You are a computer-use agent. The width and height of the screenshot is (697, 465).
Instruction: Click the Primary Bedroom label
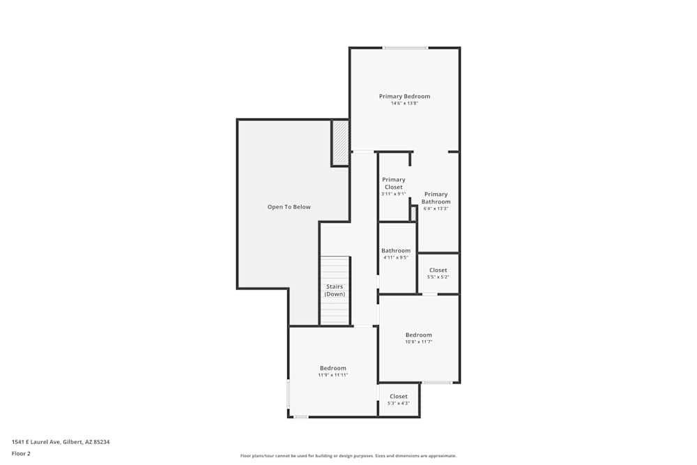tap(404, 96)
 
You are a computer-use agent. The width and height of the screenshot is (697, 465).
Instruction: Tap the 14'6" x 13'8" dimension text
tap(404, 104)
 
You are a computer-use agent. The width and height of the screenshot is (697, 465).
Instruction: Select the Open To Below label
tap(289, 207)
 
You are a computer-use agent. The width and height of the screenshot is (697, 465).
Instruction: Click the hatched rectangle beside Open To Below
tap(340, 143)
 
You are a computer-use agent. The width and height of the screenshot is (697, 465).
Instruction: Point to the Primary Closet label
tap(393, 183)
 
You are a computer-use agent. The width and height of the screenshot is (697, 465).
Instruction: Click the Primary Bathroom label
tap(436, 198)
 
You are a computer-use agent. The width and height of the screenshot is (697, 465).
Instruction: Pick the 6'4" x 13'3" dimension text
tap(436, 208)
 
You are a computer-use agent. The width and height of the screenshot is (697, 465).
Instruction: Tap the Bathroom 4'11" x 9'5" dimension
tap(395, 257)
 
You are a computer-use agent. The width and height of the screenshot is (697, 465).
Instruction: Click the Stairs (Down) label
tap(335, 290)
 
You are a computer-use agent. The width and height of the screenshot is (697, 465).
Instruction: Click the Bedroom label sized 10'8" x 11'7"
tap(418, 335)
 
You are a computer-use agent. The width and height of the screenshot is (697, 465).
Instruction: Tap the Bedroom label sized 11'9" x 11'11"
tap(332, 368)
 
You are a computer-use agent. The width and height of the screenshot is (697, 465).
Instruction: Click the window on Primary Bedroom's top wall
tap(405, 48)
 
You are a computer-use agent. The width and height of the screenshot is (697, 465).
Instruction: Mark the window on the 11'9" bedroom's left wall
tap(289, 394)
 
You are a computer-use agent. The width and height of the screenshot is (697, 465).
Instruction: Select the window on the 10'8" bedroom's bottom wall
tap(437, 382)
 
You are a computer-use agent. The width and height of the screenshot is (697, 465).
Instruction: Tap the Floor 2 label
tap(21, 453)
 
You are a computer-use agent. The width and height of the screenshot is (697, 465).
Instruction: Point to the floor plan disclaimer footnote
tap(348, 456)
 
